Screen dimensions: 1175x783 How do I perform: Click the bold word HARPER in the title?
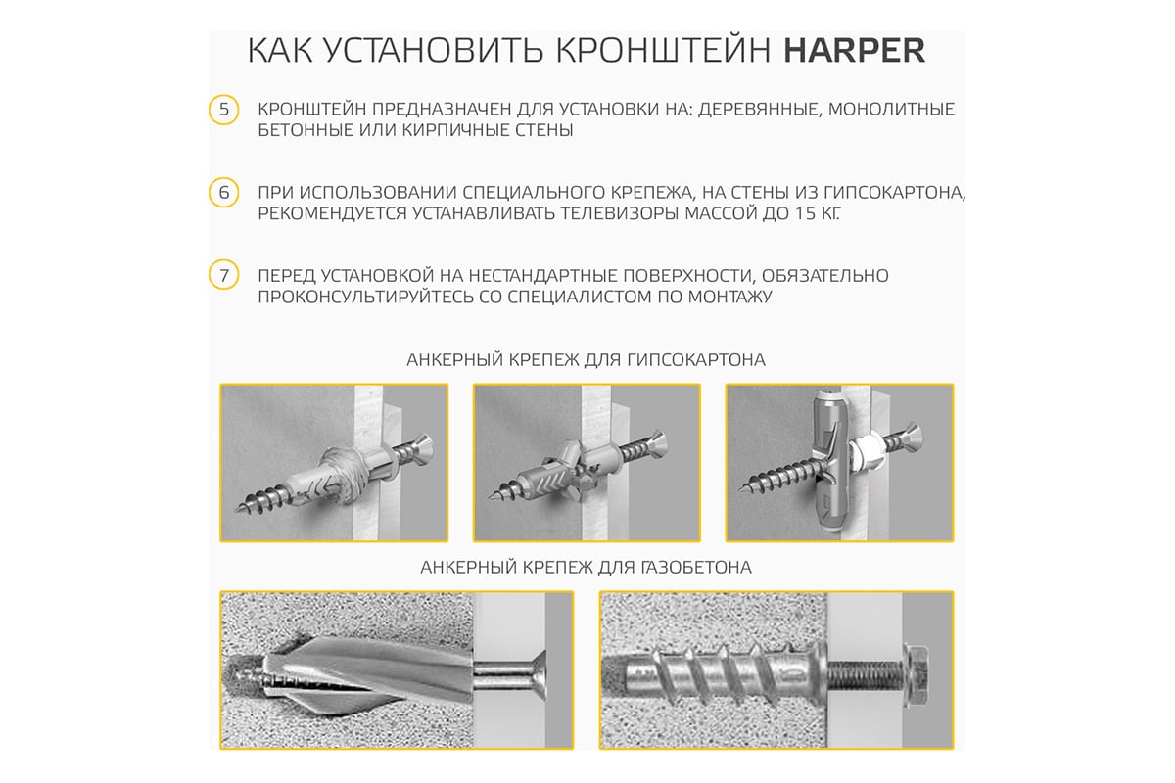coord(854,50)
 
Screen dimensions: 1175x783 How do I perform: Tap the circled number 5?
coord(224,110)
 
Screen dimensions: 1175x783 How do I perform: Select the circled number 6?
coord(224,193)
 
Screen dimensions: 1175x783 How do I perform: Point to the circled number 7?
coord(224,275)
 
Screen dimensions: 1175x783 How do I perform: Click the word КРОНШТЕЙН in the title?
coord(663,50)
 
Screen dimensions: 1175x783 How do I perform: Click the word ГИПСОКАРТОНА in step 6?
coord(894,193)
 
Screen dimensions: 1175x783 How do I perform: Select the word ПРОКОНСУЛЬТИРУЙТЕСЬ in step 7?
coord(365,297)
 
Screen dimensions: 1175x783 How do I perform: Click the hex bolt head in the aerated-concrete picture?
coord(916,670)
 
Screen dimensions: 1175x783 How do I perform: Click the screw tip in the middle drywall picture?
coord(490,495)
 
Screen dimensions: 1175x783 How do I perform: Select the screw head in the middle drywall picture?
coord(658,444)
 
